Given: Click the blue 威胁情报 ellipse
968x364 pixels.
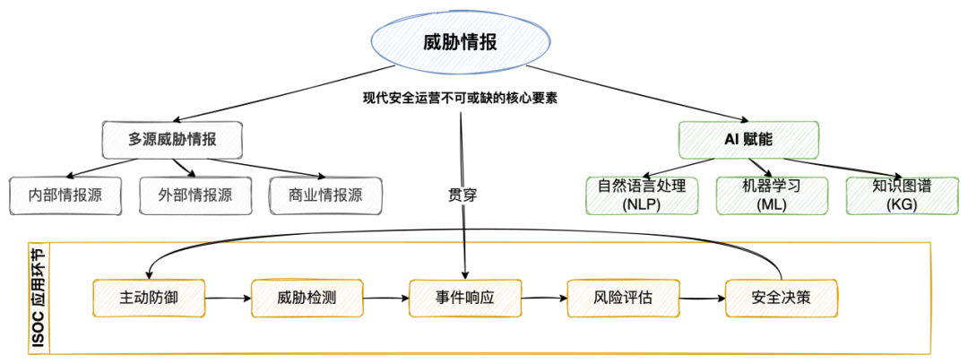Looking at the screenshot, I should [461, 41].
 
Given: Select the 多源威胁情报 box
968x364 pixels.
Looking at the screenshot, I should [172, 140].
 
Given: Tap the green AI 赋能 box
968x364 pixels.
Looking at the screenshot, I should [748, 140].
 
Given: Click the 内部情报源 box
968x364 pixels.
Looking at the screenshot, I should [65, 195].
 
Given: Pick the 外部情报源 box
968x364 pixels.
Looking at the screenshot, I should [194, 195].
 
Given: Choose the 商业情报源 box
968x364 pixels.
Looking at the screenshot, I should [325, 195].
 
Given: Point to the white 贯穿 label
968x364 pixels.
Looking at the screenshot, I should [462, 195].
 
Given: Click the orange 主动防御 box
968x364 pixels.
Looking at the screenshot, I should [148, 298].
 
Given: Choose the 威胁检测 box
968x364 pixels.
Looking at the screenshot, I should [307, 298].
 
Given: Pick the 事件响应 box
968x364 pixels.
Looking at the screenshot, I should [464, 298].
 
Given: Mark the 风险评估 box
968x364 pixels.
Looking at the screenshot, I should [623, 298].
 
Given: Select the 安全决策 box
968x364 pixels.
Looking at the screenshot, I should [781, 298].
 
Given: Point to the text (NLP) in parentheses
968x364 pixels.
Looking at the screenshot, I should [642, 205].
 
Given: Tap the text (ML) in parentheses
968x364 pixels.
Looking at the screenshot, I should [772, 205].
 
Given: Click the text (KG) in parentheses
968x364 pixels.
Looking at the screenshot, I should [902, 205].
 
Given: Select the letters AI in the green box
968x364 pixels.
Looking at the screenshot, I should [730, 141].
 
